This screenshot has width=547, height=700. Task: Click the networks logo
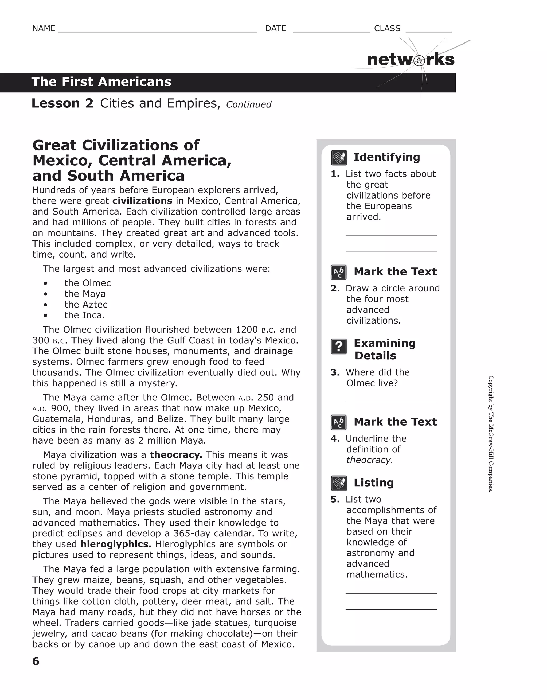point(410,60)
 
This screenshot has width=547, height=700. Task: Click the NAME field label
point(44,29)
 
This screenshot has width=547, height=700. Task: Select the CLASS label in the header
point(387,29)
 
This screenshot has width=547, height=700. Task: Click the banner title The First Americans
point(101,82)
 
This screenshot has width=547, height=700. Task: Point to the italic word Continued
point(248,104)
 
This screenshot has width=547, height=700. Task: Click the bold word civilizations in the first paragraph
point(142,201)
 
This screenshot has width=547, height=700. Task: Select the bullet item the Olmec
point(88,283)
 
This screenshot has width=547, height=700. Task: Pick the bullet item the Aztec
point(86,305)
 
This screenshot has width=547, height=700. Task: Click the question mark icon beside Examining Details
point(339,347)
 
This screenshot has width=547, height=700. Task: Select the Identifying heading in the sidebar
point(386,157)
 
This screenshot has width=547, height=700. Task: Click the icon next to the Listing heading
point(339,483)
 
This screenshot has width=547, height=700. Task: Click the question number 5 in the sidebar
point(335,499)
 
